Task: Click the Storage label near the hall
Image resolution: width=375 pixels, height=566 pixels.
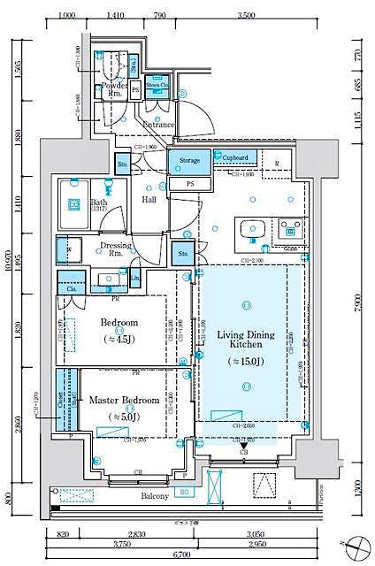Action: coord(189,160)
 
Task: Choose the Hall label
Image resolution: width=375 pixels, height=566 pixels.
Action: coord(149,200)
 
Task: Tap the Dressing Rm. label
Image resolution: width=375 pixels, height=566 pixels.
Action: coord(115,249)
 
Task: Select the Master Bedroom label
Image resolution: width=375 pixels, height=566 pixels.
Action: coord(124,401)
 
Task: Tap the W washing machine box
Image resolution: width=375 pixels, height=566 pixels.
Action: coord(68,250)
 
